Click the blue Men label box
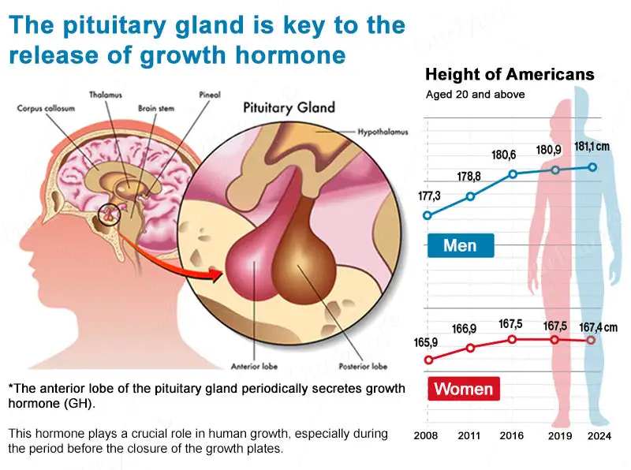[x=460, y=245]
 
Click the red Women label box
[x=463, y=388]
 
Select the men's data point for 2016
[x=513, y=173]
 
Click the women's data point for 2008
[x=428, y=360]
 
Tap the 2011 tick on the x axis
[x=469, y=435]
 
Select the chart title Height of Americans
[x=510, y=75]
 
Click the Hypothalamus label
[x=382, y=131]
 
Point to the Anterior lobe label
[x=252, y=366]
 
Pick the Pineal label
[x=208, y=95]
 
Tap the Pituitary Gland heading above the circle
[x=289, y=107]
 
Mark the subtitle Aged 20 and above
[x=475, y=95]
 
